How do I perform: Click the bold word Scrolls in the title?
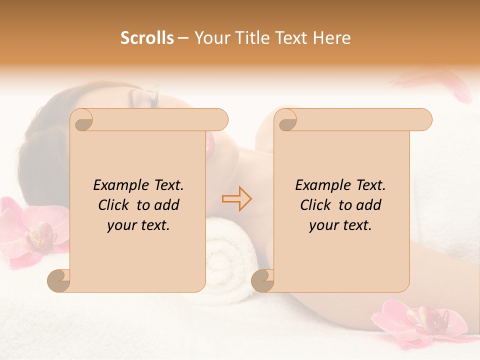pos(147,38)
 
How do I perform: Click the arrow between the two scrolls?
pos(237,198)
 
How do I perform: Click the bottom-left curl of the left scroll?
pos(59,280)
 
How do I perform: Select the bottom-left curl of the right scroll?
pos(263,280)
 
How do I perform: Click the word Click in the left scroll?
pos(113,205)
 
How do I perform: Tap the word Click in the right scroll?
pos(315,205)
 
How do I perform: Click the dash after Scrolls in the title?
pos(183,38)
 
